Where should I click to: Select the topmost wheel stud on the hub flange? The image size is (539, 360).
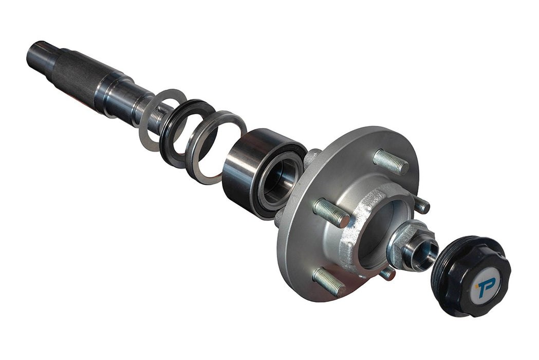[391, 161]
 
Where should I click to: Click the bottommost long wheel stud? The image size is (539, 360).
[329, 281]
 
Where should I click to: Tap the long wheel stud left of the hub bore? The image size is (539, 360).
[331, 213]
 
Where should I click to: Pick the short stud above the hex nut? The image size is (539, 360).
[421, 205]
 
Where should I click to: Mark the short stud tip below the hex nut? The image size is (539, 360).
[387, 273]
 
